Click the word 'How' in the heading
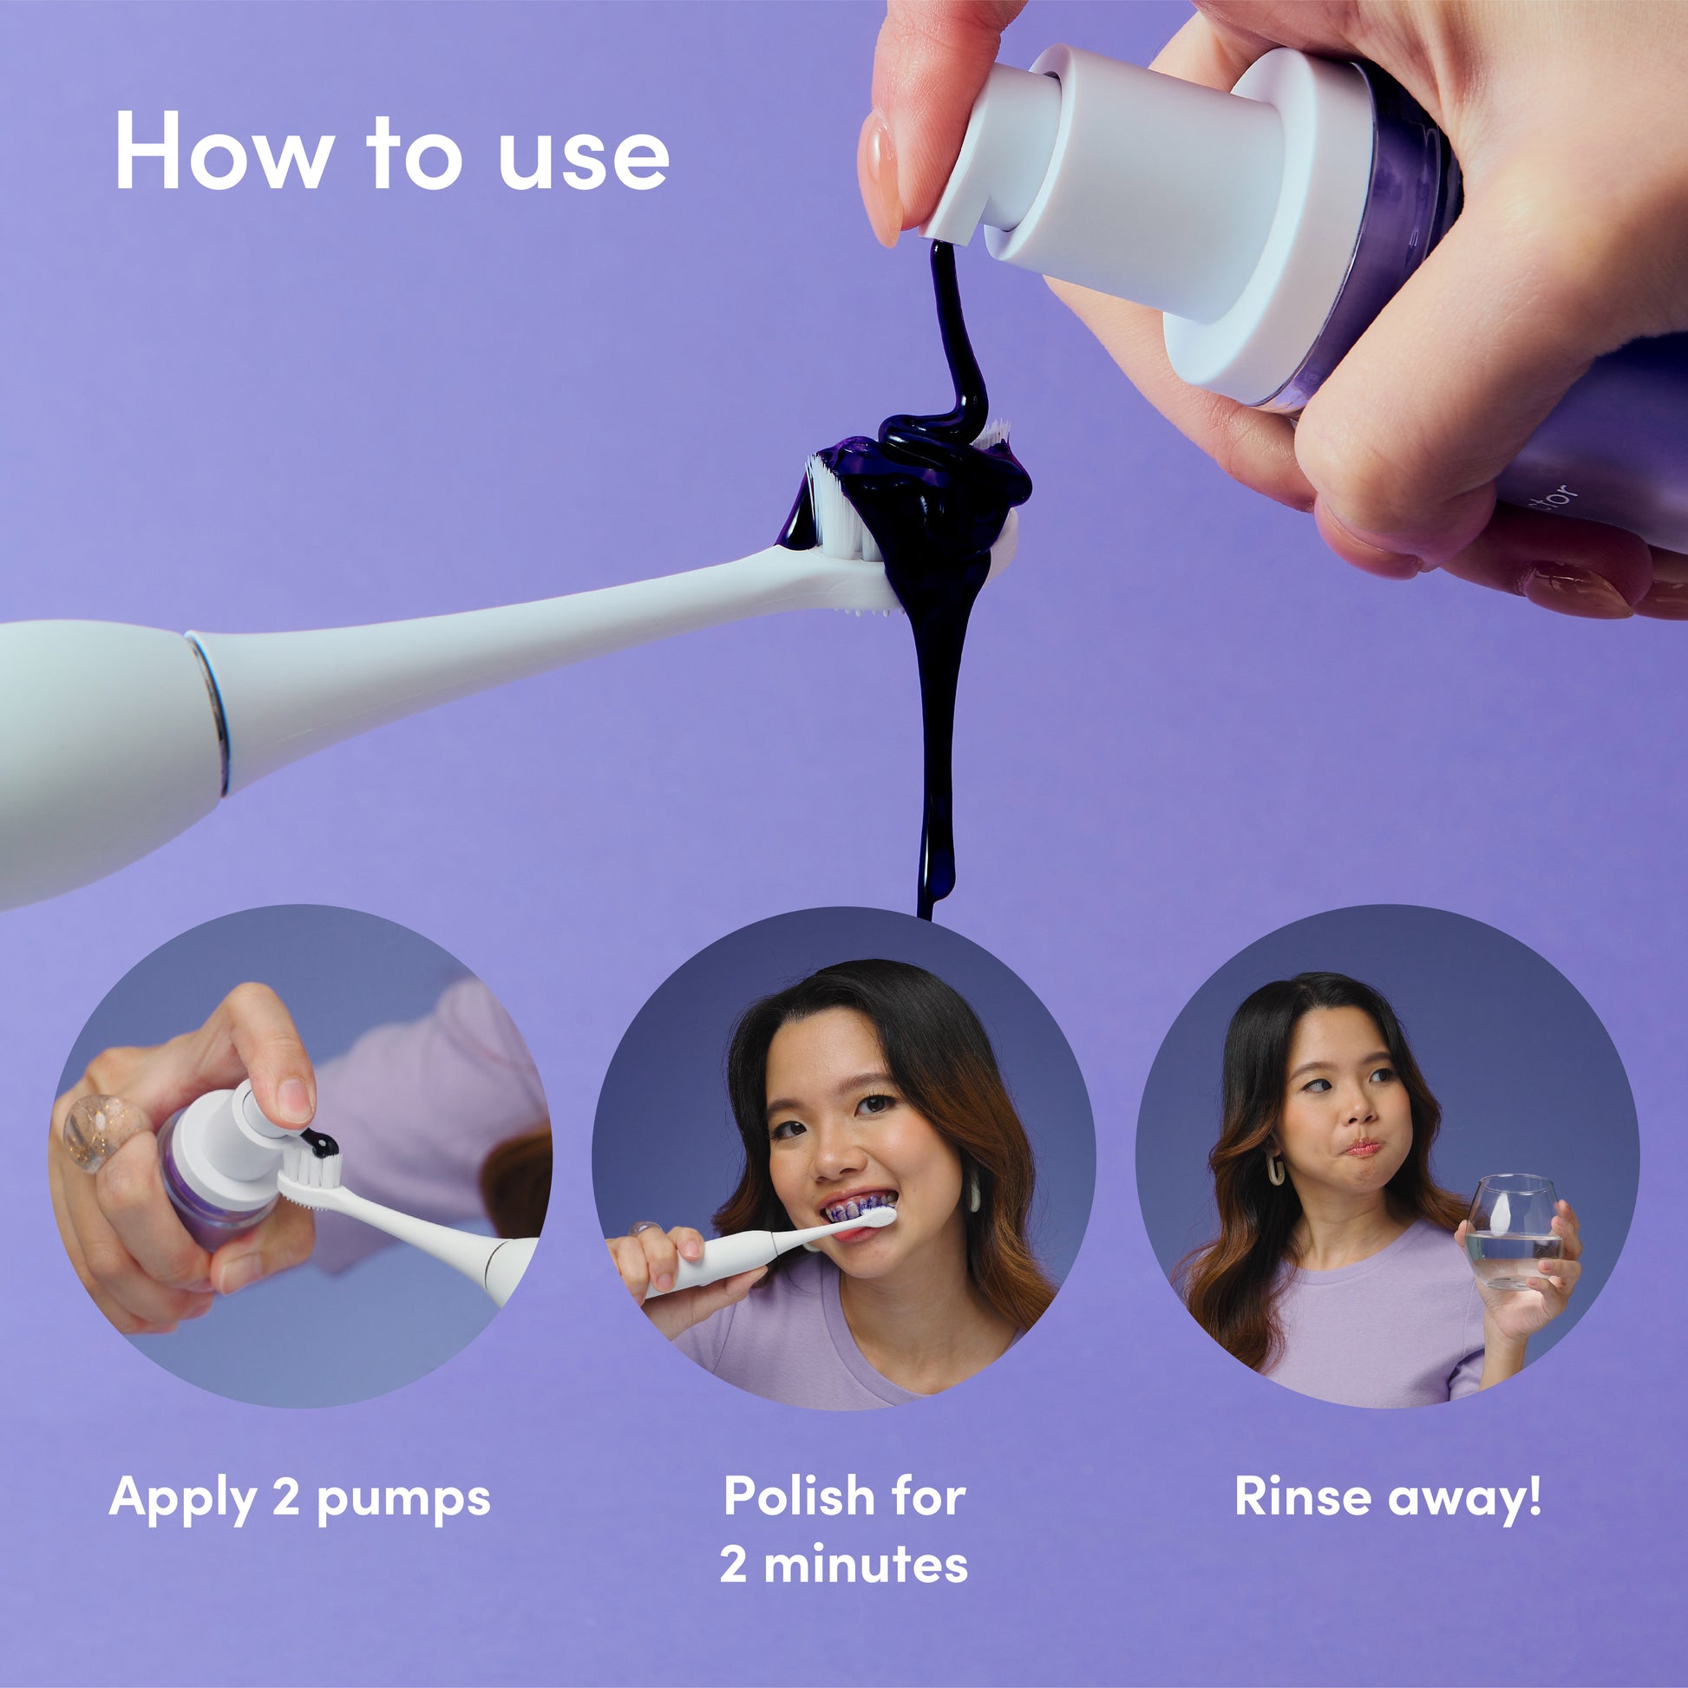224,150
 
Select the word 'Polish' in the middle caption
794,1495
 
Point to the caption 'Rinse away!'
1388,1495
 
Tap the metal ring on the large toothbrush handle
213,713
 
